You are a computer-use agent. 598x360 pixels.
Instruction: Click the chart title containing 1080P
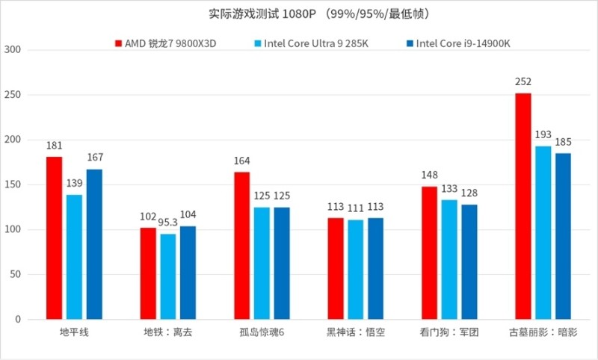[x=299, y=14]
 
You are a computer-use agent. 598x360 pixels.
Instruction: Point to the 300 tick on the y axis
[x=13, y=51]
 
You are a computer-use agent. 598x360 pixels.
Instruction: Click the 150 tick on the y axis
[x=13, y=185]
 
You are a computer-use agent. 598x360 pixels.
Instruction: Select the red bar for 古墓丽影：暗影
[x=523, y=206]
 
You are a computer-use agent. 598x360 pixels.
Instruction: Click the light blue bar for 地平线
[x=74, y=257]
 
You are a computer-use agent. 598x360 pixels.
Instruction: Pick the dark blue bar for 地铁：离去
[x=188, y=273]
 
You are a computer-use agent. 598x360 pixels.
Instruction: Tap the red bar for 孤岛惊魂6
[x=242, y=246]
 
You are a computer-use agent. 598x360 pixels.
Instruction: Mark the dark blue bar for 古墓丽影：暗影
[x=563, y=236]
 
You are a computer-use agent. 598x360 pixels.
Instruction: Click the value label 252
[x=523, y=82]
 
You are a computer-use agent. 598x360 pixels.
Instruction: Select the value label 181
[x=54, y=146]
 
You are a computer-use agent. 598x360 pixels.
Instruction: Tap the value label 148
[x=429, y=176]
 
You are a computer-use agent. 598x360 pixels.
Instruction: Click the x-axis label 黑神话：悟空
[x=356, y=332]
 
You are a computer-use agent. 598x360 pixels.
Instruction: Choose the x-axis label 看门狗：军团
[x=449, y=332]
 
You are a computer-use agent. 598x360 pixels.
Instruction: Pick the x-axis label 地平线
[x=74, y=332]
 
